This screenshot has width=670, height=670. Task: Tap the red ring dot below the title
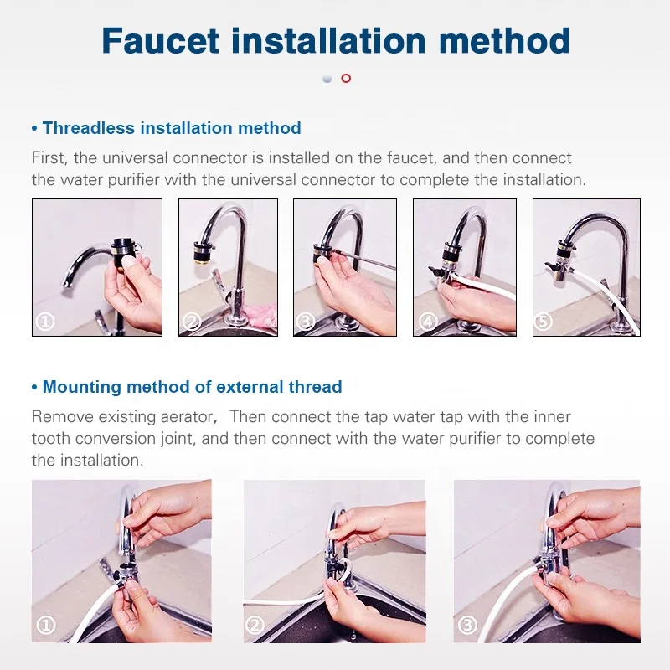coord(346,78)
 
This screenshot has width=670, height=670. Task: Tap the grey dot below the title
coord(327,78)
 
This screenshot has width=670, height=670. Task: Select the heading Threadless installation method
coord(171,128)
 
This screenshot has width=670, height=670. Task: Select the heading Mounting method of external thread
coord(192,387)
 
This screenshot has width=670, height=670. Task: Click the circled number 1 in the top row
coord(44,322)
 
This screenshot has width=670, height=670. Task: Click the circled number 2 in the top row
coord(191,322)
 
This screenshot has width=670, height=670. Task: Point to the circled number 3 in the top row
coord(306,322)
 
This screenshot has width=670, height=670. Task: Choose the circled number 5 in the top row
coord(545,322)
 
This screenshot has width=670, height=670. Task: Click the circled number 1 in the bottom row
coord(47,625)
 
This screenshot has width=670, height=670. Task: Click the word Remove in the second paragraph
coord(58,416)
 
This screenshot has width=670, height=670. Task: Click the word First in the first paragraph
coord(49,157)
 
